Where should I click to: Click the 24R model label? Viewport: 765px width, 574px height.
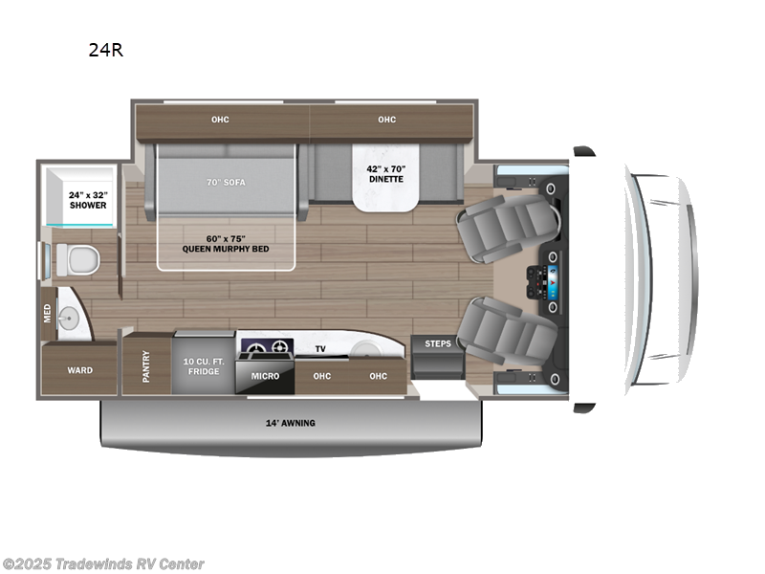point(106,51)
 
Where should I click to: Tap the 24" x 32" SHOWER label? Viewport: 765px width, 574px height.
point(88,200)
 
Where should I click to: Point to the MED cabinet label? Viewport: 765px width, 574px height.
point(47,313)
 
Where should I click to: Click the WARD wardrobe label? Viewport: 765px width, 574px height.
point(80,370)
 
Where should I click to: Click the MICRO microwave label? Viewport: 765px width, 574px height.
point(265,376)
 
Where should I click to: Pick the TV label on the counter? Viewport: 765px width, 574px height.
point(320,349)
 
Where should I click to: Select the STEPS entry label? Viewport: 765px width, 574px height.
point(438,342)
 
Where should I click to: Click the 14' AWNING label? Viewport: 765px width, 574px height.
point(292,423)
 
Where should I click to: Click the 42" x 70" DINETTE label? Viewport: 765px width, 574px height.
point(385,173)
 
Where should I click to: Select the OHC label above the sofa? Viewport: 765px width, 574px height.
point(221,120)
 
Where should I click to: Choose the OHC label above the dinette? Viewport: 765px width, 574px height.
point(386,120)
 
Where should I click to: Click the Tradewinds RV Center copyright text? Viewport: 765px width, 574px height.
point(103,564)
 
